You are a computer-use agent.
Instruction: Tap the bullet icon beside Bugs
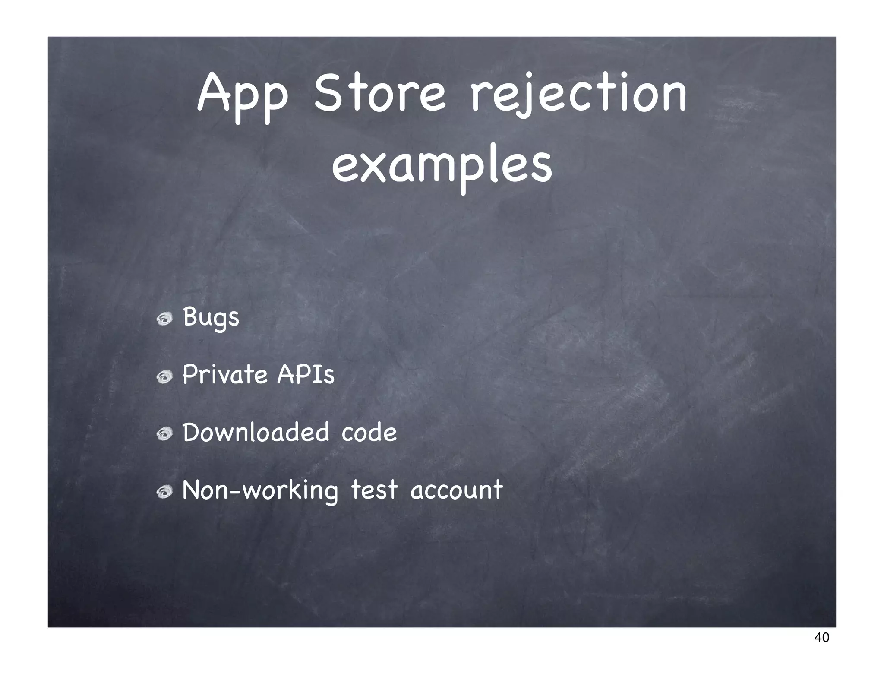[164, 319]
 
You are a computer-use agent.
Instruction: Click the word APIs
[306, 374]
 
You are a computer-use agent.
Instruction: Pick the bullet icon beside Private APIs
[164, 377]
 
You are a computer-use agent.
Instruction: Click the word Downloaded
[256, 432]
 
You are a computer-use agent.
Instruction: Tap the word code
[369, 432]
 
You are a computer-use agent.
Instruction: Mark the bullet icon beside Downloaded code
[164, 434]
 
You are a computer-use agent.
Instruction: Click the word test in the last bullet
[374, 490]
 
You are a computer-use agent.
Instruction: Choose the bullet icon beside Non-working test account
[164, 492]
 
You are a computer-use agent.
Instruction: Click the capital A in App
[213, 92]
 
